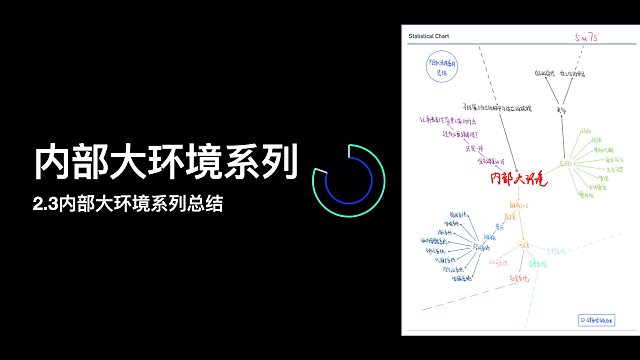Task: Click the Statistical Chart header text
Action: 430,37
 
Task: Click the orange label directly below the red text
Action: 517,205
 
